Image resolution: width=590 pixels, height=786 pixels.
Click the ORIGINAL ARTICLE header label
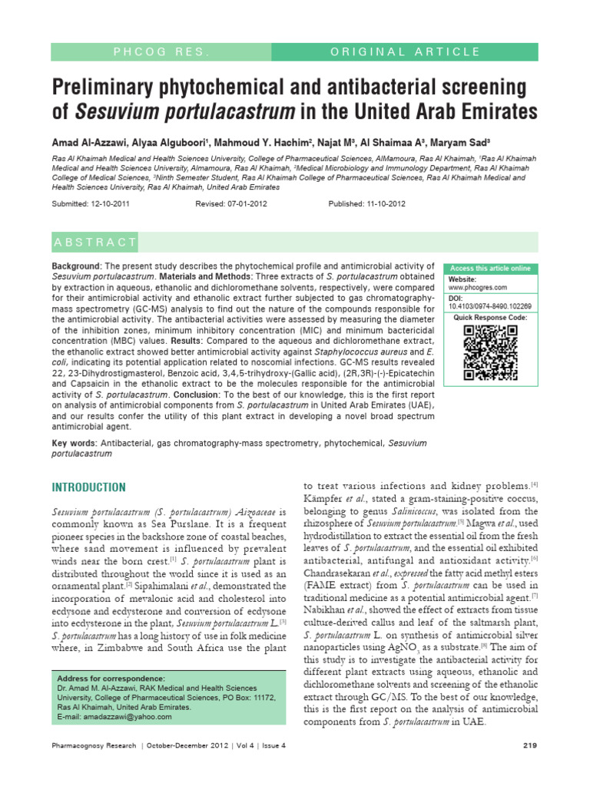point(404,51)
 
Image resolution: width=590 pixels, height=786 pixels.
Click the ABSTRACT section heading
point(95,243)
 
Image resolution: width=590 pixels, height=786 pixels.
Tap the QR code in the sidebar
point(490,353)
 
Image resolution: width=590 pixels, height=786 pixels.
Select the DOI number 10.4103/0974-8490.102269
point(489,305)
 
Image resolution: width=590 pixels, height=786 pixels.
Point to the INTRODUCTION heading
point(88,487)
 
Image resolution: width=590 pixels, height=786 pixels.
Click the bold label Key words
point(73,443)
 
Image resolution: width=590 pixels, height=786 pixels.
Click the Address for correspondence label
point(111,679)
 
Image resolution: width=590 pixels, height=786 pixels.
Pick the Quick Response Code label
point(490,316)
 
